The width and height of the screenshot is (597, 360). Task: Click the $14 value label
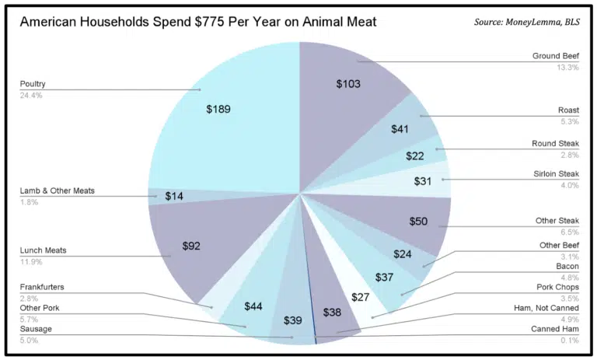pyautogui.click(x=174, y=196)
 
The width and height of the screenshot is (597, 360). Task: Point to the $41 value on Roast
pyautogui.click(x=400, y=129)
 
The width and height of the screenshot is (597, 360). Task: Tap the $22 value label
pyautogui.click(x=415, y=156)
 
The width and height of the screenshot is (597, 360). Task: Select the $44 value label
pyautogui.click(x=253, y=306)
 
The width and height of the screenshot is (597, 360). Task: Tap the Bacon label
pyautogui.click(x=567, y=267)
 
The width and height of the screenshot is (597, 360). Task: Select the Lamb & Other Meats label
pyautogui.click(x=57, y=190)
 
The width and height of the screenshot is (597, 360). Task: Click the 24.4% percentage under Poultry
pyautogui.click(x=31, y=95)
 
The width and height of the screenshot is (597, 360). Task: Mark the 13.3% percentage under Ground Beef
pyautogui.click(x=567, y=68)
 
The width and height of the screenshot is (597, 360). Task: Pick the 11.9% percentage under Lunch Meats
pyautogui.click(x=31, y=262)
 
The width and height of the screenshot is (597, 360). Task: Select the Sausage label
pyautogui.click(x=37, y=329)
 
